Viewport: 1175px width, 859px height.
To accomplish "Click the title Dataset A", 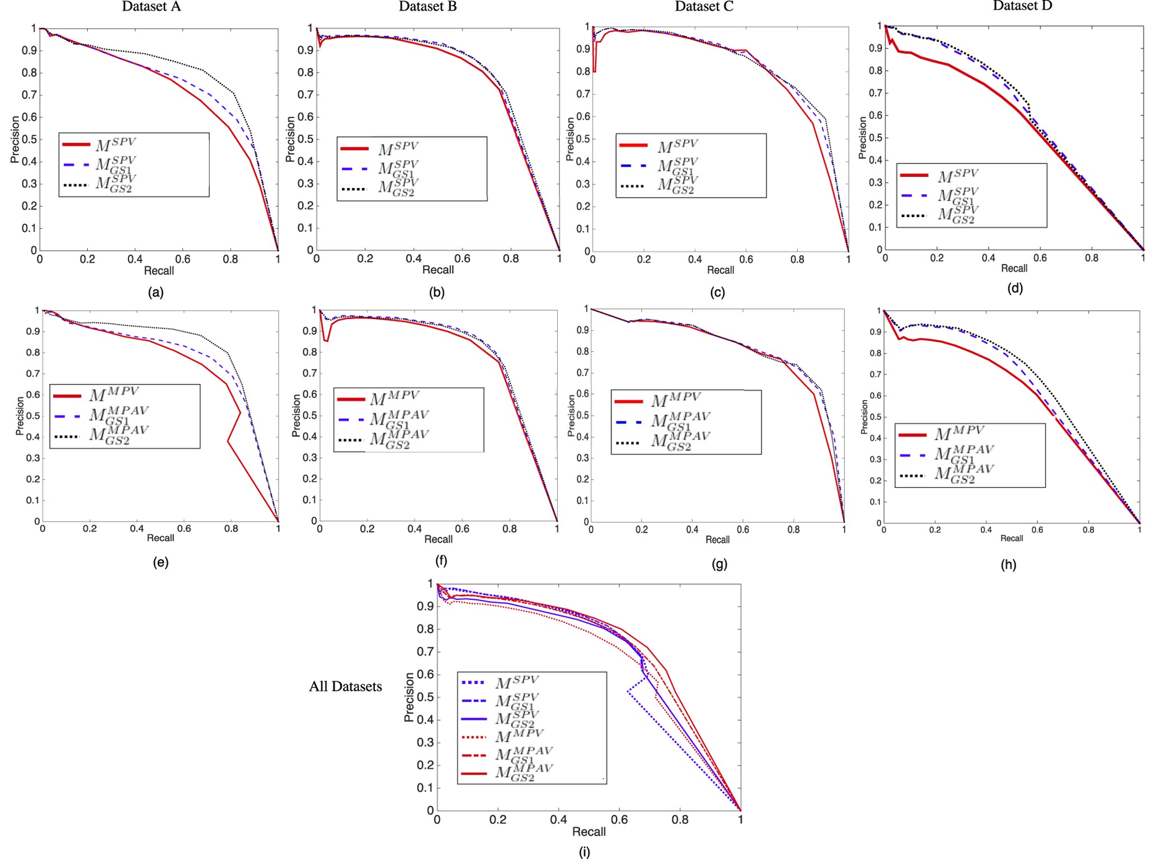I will [x=151, y=7].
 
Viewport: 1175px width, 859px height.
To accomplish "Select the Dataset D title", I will [x=1022, y=6].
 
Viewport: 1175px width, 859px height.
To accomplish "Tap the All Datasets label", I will [x=345, y=687].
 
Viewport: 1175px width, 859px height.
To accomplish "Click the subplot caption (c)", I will [x=717, y=292].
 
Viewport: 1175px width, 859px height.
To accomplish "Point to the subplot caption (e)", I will [x=161, y=562].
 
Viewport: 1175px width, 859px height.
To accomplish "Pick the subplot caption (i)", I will [x=584, y=852].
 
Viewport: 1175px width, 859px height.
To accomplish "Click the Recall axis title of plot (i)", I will [x=589, y=832].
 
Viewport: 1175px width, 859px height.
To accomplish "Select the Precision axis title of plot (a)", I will [x=15, y=139].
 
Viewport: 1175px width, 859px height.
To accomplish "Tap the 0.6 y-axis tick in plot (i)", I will [x=425, y=674].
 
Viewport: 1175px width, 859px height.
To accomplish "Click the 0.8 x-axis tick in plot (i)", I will [x=680, y=820].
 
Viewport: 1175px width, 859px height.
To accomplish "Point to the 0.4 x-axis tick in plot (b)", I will [x=413, y=259].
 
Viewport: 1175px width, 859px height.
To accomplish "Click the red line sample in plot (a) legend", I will [x=76, y=144].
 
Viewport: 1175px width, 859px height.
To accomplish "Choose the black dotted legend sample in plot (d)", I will [x=914, y=215].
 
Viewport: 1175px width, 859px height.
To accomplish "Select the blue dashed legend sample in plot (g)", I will [x=628, y=422].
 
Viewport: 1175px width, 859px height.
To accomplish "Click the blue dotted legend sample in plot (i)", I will [x=473, y=682].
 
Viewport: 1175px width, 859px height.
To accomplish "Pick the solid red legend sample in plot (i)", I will [x=473, y=773].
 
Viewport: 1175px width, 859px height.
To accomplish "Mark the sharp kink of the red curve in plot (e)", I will [x=228, y=441].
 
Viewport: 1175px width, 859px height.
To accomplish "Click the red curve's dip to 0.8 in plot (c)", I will [x=594, y=71].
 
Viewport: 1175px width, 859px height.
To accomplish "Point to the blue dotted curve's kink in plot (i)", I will [x=628, y=692].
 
